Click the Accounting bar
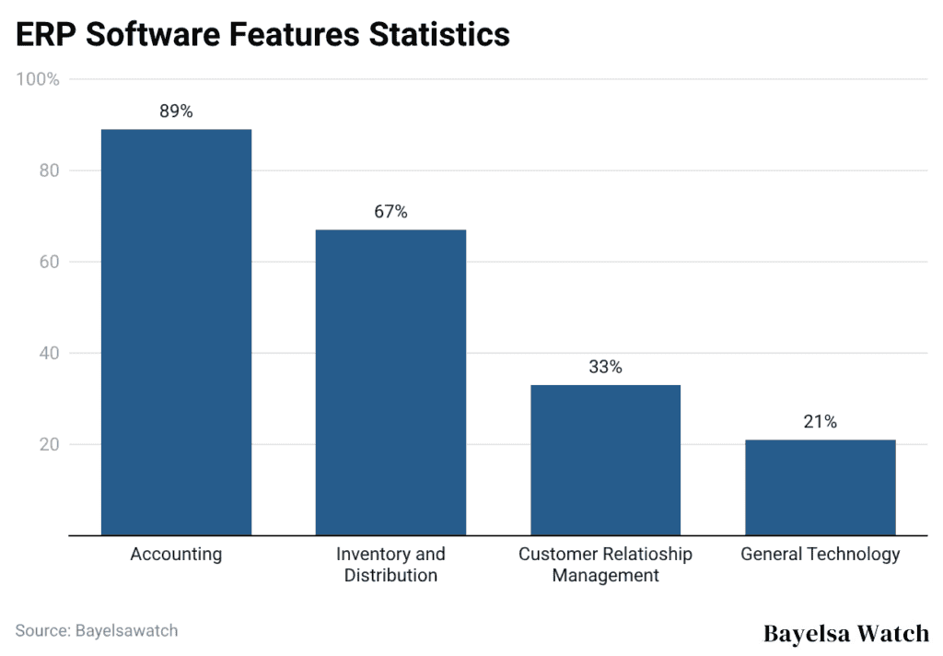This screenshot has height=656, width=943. click(x=176, y=332)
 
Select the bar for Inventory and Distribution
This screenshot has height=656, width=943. click(x=390, y=382)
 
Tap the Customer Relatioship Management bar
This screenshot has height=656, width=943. click(x=605, y=460)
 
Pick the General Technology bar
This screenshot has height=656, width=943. click(x=820, y=487)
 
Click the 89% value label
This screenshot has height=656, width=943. click(x=176, y=111)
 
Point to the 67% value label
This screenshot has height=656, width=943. click(x=390, y=212)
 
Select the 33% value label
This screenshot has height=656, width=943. click(x=605, y=367)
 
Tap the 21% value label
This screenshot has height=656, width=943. click(x=820, y=422)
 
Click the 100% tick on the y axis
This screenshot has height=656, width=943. click(x=38, y=80)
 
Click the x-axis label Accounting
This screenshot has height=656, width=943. click(x=176, y=555)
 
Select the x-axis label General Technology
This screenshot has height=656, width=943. click(x=820, y=555)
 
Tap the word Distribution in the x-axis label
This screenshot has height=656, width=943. click(x=390, y=576)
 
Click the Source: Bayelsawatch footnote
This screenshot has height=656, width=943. click(x=97, y=631)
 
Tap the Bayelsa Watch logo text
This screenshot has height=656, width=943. click(x=846, y=633)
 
